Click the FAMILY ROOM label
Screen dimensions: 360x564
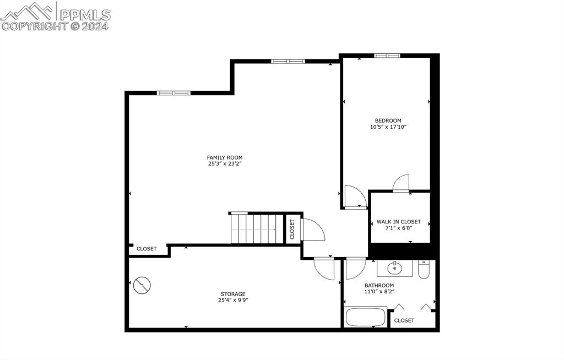[x=225, y=157]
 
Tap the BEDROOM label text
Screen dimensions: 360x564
[x=388, y=121]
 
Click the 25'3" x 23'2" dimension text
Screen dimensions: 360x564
[x=225, y=164]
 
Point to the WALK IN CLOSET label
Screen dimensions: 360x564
[x=398, y=222]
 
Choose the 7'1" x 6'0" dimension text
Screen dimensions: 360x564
[x=398, y=228]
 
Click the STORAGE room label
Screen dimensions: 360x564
[x=233, y=294]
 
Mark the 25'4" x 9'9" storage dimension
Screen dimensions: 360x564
[x=233, y=301]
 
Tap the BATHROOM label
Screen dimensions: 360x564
[x=379, y=285]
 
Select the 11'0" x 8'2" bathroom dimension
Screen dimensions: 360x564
[x=379, y=292]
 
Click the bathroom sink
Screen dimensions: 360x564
[x=394, y=269]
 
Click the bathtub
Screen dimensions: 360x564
[x=365, y=318]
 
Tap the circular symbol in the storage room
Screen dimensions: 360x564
[x=142, y=285]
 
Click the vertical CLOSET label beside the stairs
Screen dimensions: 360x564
[x=292, y=228]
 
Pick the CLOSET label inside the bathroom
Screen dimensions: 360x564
[x=404, y=320]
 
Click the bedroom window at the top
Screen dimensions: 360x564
[x=387, y=56]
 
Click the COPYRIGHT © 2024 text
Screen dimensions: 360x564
[x=56, y=26]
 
